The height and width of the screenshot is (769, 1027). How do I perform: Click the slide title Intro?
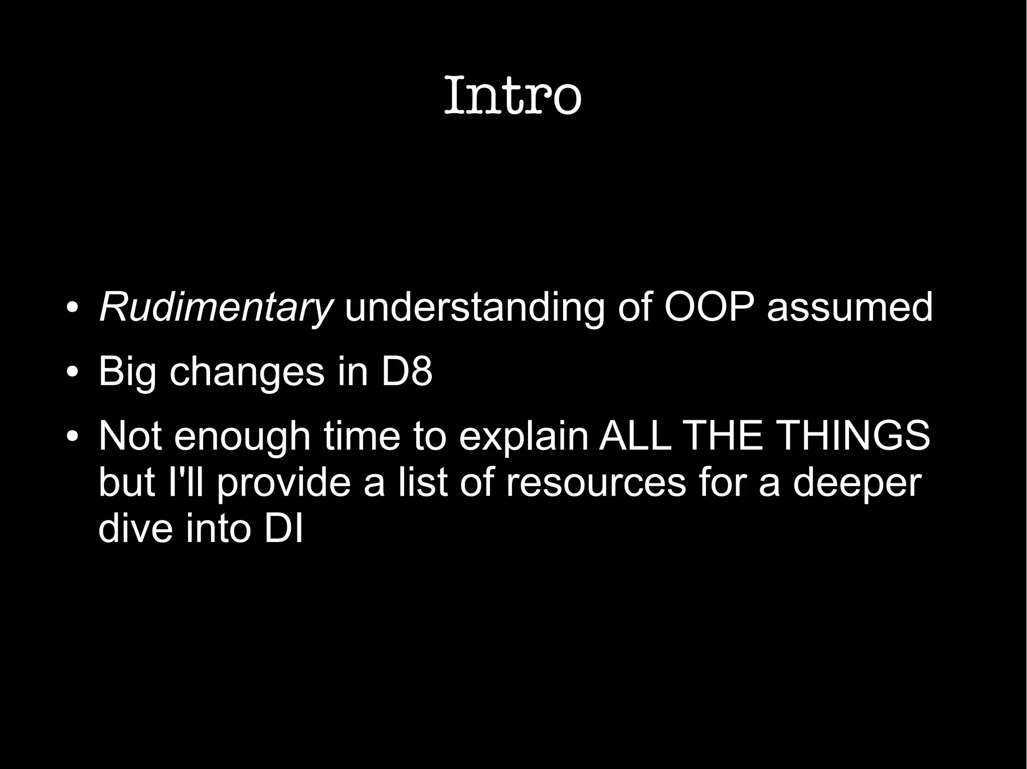pos(512,95)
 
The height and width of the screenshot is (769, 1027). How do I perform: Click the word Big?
pos(127,372)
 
